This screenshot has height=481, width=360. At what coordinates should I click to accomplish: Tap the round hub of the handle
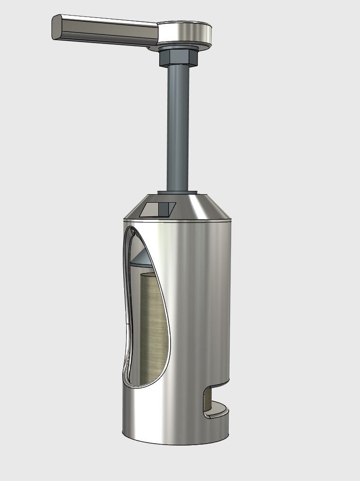tap(184, 33)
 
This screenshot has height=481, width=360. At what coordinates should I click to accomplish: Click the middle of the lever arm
tap(109, 31)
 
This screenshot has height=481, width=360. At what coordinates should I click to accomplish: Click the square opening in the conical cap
tap(159, 209)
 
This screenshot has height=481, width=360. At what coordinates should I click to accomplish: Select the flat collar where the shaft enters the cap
tap(178, 192)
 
